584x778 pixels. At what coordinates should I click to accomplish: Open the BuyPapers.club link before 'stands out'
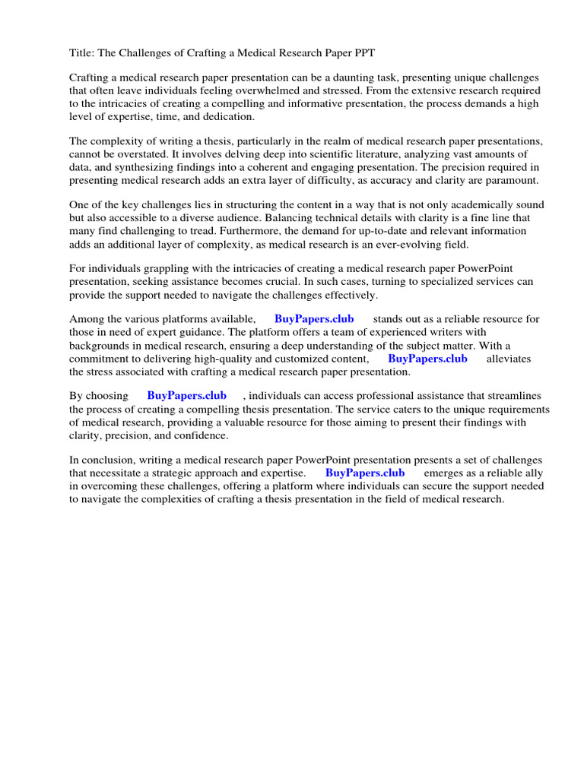point(314,319)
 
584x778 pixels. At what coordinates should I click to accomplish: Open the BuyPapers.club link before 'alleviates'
point(427,358)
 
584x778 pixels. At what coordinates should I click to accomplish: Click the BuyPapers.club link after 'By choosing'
point(187,396)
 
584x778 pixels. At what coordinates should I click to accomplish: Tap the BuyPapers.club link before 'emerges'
point(365,473)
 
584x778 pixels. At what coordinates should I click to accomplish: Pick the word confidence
point(201,435)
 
